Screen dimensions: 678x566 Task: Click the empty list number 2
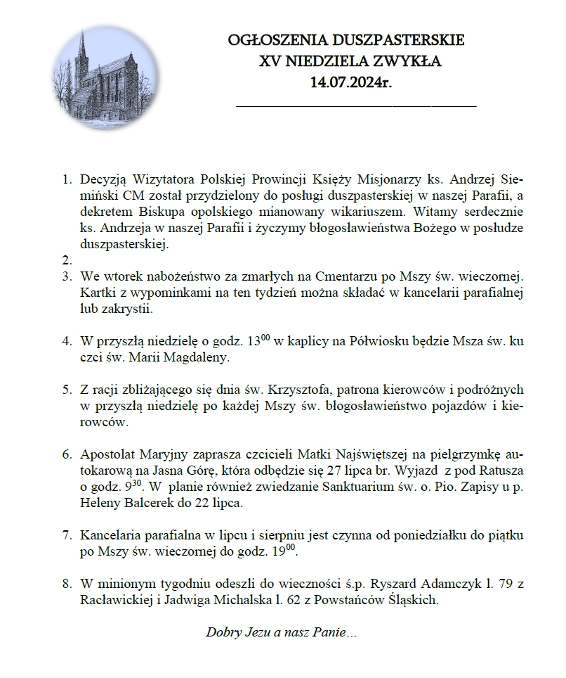click(x=68, y=260)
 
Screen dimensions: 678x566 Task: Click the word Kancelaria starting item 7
click(x=113, y=536)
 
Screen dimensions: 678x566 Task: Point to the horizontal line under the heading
click(x=356, y=105)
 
